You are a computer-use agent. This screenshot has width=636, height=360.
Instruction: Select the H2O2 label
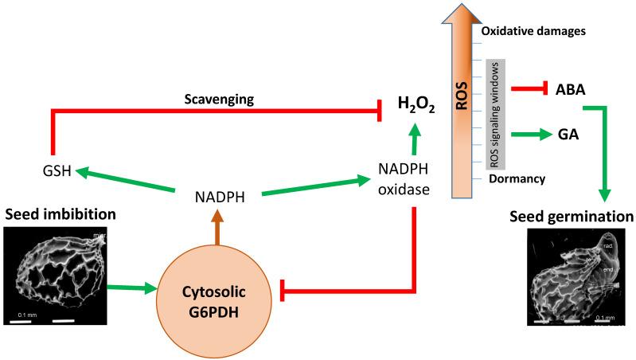(416, 104)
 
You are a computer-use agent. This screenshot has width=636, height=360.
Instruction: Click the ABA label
(570, 89)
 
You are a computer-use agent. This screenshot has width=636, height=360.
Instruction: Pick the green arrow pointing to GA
(526, 135)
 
